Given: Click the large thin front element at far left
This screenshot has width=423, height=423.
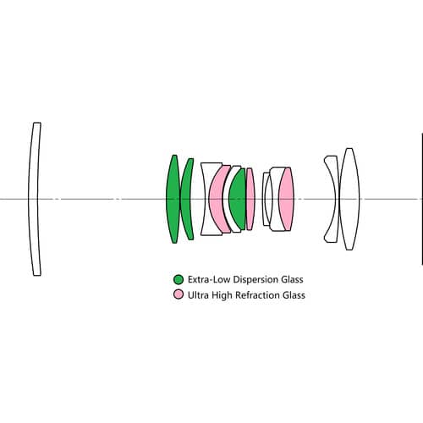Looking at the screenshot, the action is click(33, 199).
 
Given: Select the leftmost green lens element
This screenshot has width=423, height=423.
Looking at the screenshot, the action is click(173, 199).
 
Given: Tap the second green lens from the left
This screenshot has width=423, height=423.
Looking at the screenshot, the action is click(185, 199).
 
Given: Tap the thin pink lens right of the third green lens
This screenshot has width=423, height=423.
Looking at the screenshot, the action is click(250, 199).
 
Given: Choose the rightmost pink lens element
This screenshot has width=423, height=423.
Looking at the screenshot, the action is click(286, 199).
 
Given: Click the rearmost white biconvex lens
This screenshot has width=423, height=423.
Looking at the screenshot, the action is click(349, 199).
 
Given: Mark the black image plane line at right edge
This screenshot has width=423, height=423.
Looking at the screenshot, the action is click(422, 199).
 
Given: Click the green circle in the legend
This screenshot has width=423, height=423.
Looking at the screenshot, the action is click(179, 279).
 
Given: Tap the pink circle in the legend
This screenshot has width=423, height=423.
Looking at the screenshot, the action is click(179, 294).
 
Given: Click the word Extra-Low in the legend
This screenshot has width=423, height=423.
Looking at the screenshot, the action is click(209, 279).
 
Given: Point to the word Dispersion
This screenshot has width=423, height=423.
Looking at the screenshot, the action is click(256, 280).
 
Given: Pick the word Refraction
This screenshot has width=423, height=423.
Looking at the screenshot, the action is click(258, 295).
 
